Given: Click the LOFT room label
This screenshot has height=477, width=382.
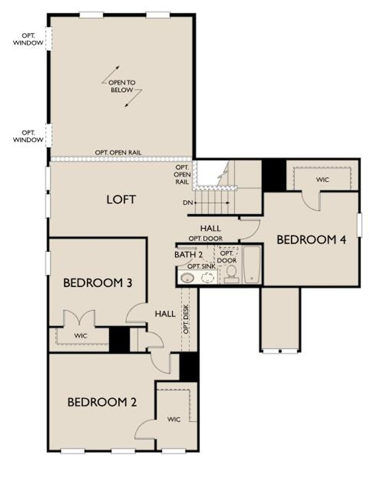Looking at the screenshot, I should [x=121, y=200].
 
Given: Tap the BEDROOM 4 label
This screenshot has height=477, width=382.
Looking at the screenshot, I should [x=311, y=239].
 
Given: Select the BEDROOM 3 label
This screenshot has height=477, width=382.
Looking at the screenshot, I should [x=97, y=283].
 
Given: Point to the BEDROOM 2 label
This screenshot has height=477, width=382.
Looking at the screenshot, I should [x=102, y=402].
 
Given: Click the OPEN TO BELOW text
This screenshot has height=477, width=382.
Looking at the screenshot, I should [x=122, y=86].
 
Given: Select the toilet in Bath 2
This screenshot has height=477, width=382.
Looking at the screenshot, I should [x=232, y=273].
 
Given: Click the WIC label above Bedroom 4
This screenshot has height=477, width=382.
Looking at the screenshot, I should [x=322, y=179].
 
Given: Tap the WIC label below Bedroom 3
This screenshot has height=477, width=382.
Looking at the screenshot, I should [x=80, y=336].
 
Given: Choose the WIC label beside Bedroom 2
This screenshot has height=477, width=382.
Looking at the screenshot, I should [x=174, y=419].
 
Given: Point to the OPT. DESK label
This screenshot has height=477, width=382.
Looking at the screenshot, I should [x=186, y=320].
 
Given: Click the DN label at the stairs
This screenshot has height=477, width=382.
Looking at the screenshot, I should [x=187, y=203].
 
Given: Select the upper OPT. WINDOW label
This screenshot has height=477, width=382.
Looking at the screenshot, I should [x=28, y=39].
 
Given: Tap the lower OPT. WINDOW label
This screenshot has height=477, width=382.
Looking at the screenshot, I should [x=28, y=136].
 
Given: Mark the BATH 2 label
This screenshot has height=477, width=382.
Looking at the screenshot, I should [x=188, y=255].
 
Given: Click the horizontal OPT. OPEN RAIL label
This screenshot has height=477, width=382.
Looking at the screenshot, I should [x=118, y=153].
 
